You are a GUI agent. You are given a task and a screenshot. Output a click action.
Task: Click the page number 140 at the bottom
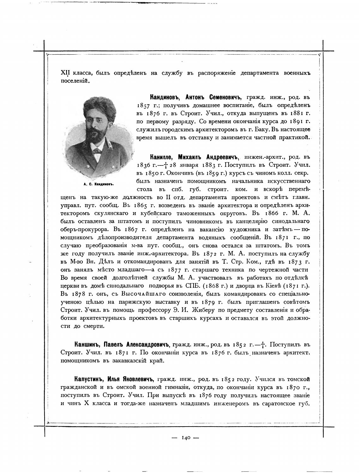pos(185,438)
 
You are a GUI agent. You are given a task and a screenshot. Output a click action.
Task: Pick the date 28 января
pos(183,165)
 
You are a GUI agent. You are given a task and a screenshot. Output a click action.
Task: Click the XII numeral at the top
pos(65,73)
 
